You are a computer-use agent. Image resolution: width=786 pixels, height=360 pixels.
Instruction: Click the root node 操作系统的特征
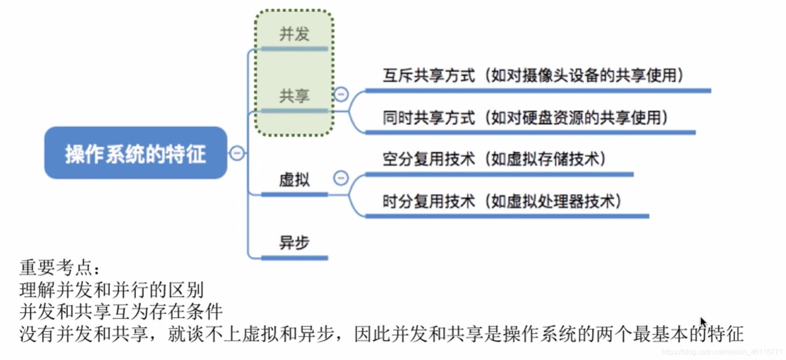click(136, 153)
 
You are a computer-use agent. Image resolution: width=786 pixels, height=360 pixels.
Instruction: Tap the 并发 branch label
click(294, 34)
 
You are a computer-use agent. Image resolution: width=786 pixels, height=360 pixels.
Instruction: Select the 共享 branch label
click(294, 96)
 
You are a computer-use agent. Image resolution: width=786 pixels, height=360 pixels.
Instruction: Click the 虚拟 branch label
click(294, 180)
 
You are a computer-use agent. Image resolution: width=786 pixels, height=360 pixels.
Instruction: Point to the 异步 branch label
click(294, 243)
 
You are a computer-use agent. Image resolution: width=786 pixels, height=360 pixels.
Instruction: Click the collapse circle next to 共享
click(341, 94)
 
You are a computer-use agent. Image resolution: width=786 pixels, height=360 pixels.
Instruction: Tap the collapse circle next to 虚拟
click(341, 178)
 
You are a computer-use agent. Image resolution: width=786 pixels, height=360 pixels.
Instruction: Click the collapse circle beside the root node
click(237, 153)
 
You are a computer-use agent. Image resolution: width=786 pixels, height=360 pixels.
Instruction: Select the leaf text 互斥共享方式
click(429, 76)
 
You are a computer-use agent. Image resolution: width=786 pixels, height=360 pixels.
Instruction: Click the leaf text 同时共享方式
click(429, 118)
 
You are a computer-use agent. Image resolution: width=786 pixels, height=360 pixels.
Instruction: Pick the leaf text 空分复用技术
click(429, 159)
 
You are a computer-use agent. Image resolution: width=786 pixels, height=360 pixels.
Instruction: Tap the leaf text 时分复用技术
click(429, 201)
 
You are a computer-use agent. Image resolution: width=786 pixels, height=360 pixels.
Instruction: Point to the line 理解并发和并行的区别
click(112, 290)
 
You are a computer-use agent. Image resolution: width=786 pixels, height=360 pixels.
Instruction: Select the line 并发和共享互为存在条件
click(121, 312)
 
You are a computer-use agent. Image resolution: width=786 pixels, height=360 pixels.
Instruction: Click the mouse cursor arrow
click(702, 321)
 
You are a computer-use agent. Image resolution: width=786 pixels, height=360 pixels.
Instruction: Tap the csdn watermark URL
click(722, 352)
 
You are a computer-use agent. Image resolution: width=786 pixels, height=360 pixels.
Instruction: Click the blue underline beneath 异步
click(294, 258)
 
